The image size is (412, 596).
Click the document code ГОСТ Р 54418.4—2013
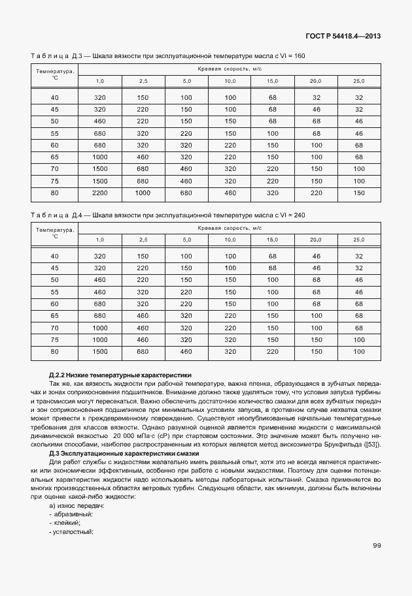(342, 36)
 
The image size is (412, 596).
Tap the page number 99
(377, 546)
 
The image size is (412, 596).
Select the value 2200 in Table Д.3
(100, 193)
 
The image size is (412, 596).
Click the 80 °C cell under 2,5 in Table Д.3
(143, 193)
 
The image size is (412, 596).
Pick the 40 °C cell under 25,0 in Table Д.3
(358, 98)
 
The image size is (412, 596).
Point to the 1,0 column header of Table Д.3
(100, 81)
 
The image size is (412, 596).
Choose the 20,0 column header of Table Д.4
(315, 240)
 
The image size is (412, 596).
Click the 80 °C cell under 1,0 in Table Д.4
(100, 351)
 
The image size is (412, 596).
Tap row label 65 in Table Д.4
(54, 316)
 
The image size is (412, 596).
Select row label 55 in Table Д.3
(54, 133)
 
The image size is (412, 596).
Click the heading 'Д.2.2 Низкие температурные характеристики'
(120, 375)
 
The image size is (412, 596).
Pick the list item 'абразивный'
(73, 514)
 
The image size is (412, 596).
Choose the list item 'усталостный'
(73, 531)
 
